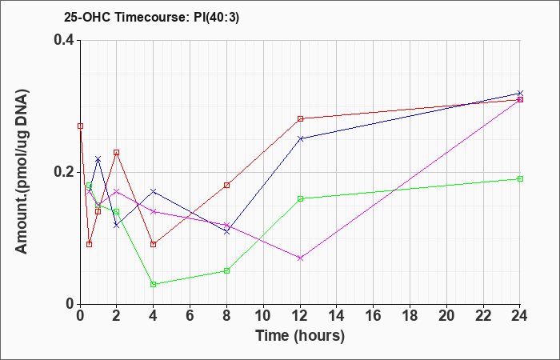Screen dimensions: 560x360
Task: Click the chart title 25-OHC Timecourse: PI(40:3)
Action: coord(151,17)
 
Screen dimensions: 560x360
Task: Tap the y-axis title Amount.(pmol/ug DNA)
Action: coord(22,171)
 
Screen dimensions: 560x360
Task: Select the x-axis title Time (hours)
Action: coord(300,336)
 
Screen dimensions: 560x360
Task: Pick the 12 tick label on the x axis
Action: coord(300,316)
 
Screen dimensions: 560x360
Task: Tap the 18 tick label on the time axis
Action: coord(410,316)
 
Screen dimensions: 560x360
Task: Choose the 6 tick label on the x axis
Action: coord(190,316)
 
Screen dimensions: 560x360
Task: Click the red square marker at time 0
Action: coord(80,126)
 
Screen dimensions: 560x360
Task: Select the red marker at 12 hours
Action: coord(300,118)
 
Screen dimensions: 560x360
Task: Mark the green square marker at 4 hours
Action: coord(154,284)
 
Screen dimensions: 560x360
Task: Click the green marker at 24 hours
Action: coord(520,178)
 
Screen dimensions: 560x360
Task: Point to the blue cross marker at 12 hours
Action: coord(300,138)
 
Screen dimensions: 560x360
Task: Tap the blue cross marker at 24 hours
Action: coord(520,93)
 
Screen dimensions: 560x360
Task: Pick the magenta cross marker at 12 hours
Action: coord(300,258)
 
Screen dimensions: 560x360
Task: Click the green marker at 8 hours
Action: coord(226,270)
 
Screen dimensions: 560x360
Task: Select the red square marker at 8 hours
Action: coord(226,185)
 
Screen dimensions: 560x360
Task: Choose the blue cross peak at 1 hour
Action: coord(98,158)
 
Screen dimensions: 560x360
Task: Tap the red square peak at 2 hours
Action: coord(117,153)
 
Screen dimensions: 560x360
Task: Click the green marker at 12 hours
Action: coord(300,198)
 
